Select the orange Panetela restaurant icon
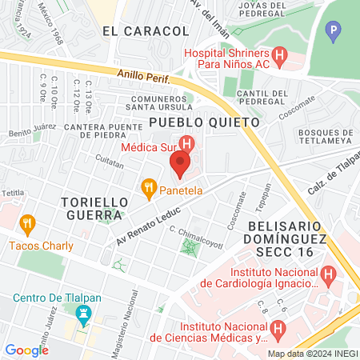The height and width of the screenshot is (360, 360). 148,190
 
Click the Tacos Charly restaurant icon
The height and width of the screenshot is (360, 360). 27,223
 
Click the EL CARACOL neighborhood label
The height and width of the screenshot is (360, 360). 146,30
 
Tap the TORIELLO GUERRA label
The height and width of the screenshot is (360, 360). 92,209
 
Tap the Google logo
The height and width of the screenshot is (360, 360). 26,350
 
